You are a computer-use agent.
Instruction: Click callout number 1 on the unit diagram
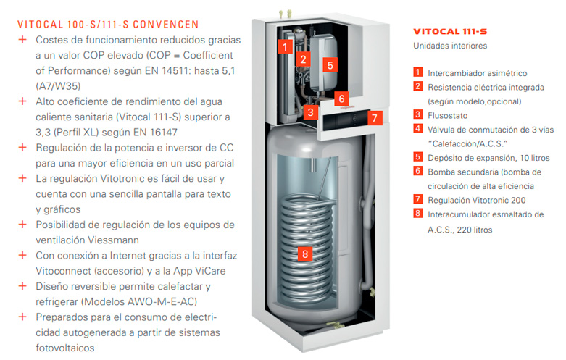(285, 46)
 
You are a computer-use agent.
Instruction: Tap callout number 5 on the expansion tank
(330, 65)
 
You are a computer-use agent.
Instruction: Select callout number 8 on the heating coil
(305, 254)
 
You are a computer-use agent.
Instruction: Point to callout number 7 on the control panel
(375, 117)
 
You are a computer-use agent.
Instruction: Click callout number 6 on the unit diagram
(341, 99)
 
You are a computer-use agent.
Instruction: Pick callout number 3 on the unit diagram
(310, 112)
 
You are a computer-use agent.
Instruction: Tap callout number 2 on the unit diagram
(303, 59)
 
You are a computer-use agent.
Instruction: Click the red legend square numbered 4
(417, 128)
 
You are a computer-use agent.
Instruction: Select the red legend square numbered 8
(417, 213)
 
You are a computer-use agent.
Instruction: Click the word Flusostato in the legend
(447, 116)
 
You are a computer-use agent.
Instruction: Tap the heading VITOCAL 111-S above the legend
(450, 32)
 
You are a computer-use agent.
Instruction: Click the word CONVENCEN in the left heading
(166, 25)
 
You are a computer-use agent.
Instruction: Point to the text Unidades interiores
(450, 46)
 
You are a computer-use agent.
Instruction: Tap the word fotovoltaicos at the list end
(65, 348)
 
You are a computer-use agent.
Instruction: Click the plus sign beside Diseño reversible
(22, 286)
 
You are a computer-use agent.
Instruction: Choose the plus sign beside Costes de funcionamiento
(22, 39)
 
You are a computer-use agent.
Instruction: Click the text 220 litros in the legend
(474, 230)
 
